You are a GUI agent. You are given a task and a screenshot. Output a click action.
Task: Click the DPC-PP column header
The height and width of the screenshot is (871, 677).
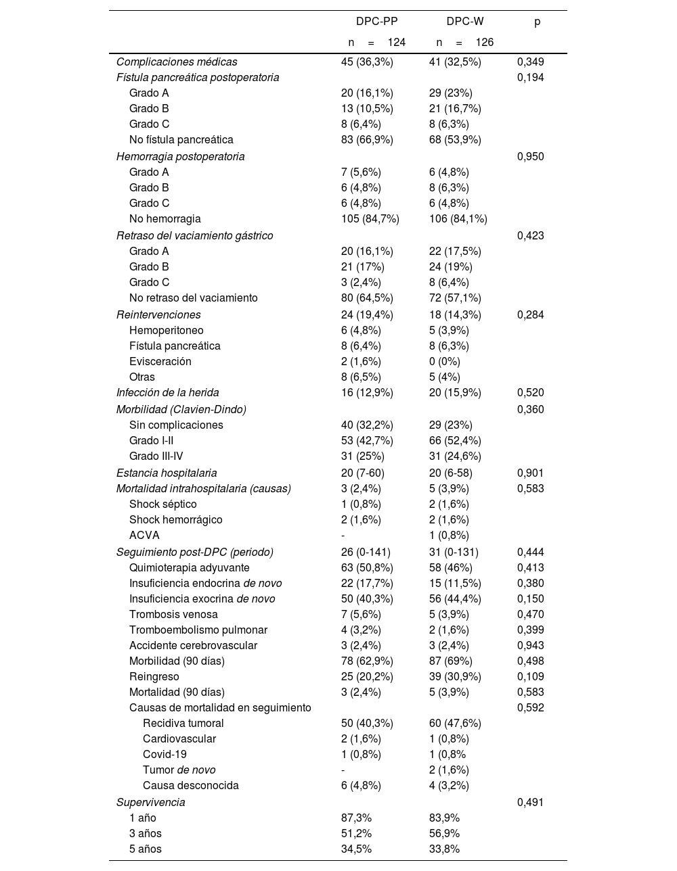(376, 22)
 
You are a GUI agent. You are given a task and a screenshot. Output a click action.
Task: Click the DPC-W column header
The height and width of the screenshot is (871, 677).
(465, 22)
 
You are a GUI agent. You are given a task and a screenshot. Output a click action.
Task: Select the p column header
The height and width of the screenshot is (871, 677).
(537, 22)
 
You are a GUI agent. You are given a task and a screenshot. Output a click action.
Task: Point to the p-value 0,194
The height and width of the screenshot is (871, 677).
(530, 78)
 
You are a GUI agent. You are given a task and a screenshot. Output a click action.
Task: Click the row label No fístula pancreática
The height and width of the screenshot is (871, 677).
(181, 140)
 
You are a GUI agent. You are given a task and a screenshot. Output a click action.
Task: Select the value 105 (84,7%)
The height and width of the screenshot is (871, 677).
(370, 219)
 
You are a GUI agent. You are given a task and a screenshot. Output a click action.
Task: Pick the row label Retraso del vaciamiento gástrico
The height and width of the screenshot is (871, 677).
(194, 236)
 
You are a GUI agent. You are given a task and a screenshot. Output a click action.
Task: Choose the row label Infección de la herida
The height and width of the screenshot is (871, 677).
(167, 393)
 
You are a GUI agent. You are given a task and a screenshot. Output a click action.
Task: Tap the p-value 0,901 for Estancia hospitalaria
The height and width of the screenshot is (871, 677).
(530, 473)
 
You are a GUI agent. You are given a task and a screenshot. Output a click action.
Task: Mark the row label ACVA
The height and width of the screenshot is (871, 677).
(144, 536)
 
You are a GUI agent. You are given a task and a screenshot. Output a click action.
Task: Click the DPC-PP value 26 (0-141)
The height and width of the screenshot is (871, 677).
(366, 552)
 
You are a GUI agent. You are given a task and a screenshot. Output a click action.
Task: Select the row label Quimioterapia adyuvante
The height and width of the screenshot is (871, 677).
(189, 568)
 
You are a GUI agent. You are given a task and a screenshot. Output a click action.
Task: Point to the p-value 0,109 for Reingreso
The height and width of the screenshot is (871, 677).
(530, 677)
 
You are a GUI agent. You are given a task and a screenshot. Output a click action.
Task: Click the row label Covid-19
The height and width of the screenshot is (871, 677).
(165, 755)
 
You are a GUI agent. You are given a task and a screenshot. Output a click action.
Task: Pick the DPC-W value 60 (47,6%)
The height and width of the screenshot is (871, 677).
(455, 724)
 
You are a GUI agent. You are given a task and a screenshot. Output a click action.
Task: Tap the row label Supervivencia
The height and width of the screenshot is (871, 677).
(150, 803)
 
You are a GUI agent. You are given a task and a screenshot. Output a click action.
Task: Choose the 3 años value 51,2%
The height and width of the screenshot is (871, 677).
(356, 834)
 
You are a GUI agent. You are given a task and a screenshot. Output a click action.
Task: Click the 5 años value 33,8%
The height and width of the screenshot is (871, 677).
(444, 849)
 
